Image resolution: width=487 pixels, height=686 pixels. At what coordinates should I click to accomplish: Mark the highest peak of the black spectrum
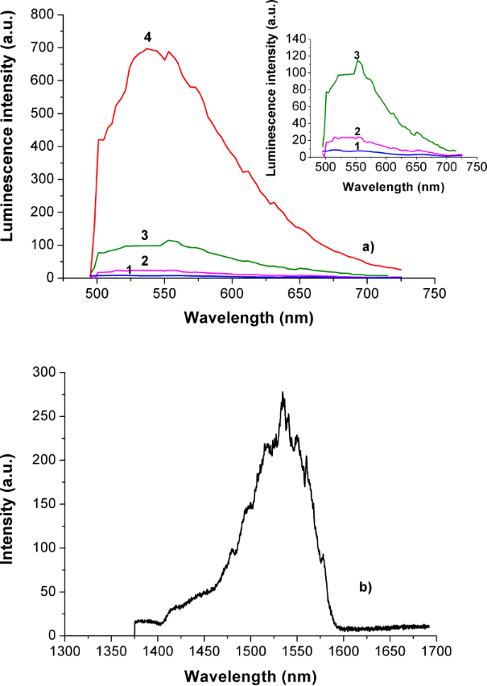[x=283, y=393]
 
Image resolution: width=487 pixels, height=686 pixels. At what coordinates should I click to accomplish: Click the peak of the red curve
[x=149, y=49]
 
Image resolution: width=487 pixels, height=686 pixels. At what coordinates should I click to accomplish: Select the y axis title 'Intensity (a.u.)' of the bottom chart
[x=15, y=504]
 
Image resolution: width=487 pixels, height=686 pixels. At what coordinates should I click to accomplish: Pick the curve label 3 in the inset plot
[x=357, y=54]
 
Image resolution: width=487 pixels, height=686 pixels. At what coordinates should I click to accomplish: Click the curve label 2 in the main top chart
[x=145, y=261]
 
